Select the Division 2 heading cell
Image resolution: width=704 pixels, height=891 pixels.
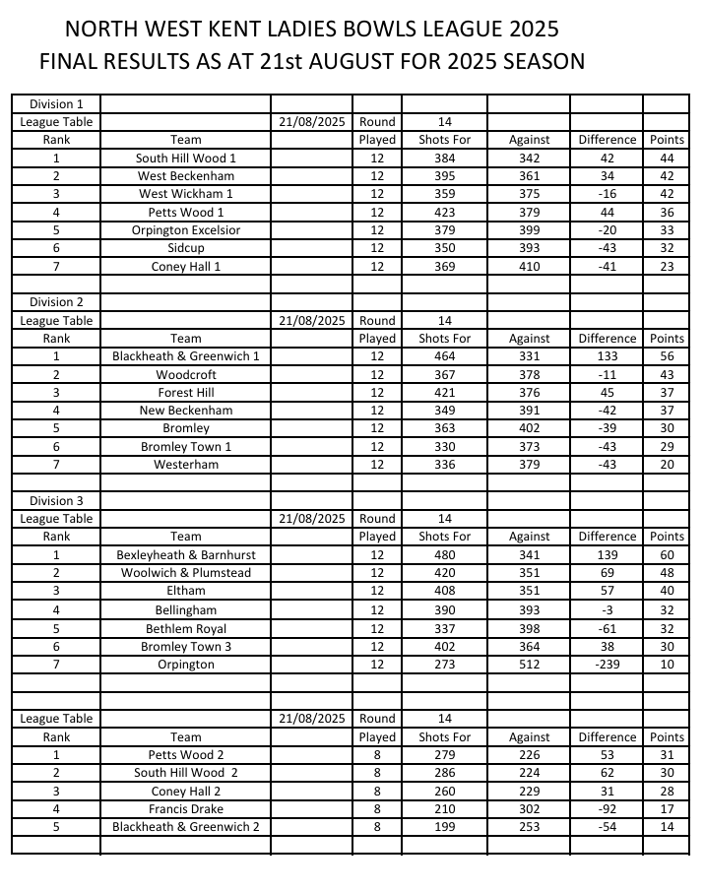point(56,302)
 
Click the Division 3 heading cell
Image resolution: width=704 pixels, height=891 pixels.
point(56,500)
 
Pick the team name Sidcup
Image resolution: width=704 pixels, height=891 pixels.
point(186,248)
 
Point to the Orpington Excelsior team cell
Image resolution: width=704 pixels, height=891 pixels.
point(186,230)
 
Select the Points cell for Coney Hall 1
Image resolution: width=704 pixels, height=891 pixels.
point(667,267)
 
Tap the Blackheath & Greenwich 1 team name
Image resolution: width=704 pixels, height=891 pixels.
point(186,356)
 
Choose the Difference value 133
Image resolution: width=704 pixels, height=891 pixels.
point(608,356)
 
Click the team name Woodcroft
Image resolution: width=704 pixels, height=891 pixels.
point(186,374)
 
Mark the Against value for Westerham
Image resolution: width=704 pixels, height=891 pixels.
point(529,465)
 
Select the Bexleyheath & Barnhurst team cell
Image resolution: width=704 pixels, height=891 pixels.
point(186,554)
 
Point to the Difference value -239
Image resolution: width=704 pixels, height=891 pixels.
point(608,665)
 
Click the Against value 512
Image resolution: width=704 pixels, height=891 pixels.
point(529,665)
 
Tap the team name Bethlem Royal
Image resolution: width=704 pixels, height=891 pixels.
point(186,628)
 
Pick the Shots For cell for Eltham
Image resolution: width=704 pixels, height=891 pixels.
point(445,591)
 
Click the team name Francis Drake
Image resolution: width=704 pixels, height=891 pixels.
point(186,809)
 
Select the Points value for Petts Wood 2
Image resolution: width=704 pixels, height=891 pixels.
point(667,755)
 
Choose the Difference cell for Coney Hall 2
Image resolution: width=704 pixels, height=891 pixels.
point(608,792)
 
